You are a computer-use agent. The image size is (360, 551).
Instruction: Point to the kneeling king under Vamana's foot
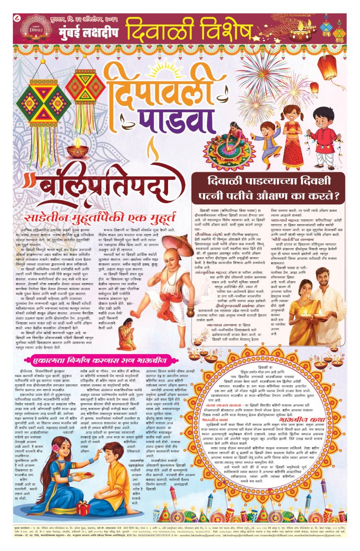[126, 324]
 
